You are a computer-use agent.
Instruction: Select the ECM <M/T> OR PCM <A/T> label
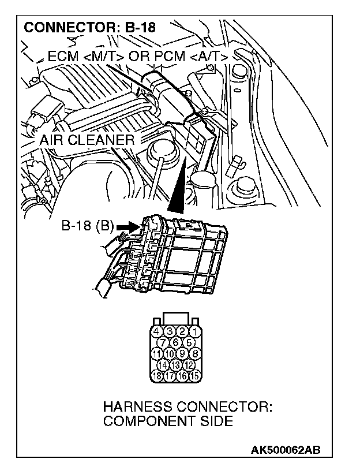coord(137,56)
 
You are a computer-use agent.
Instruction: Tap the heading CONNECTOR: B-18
coord(89,27)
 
